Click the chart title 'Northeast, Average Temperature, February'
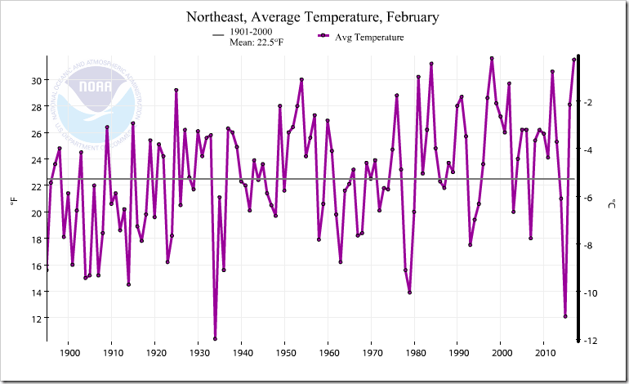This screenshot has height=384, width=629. (314, 17)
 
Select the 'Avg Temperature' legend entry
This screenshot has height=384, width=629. (369, 37)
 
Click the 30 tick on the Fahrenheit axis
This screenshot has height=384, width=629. (35, 80)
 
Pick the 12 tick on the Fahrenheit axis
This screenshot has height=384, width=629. (35, 318)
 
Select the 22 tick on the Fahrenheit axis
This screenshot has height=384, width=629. (35, 186)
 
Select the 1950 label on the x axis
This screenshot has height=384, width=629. (285, 353)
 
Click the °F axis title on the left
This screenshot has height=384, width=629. (14, 201)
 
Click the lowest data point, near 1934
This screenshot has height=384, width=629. (216, 338)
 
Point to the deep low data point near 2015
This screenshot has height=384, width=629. (565, 316)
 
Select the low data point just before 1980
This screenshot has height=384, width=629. (409, 292)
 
